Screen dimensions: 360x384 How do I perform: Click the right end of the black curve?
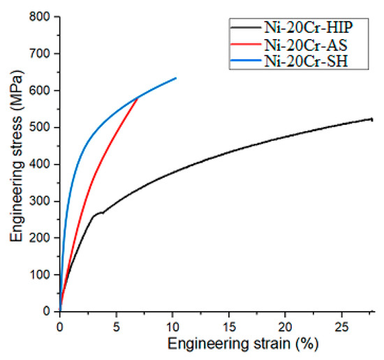click(x=371, y=119)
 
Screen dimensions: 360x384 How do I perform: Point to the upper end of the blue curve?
click(x=176, y=77)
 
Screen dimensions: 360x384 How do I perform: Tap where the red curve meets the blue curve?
click(x=138, y=98)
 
